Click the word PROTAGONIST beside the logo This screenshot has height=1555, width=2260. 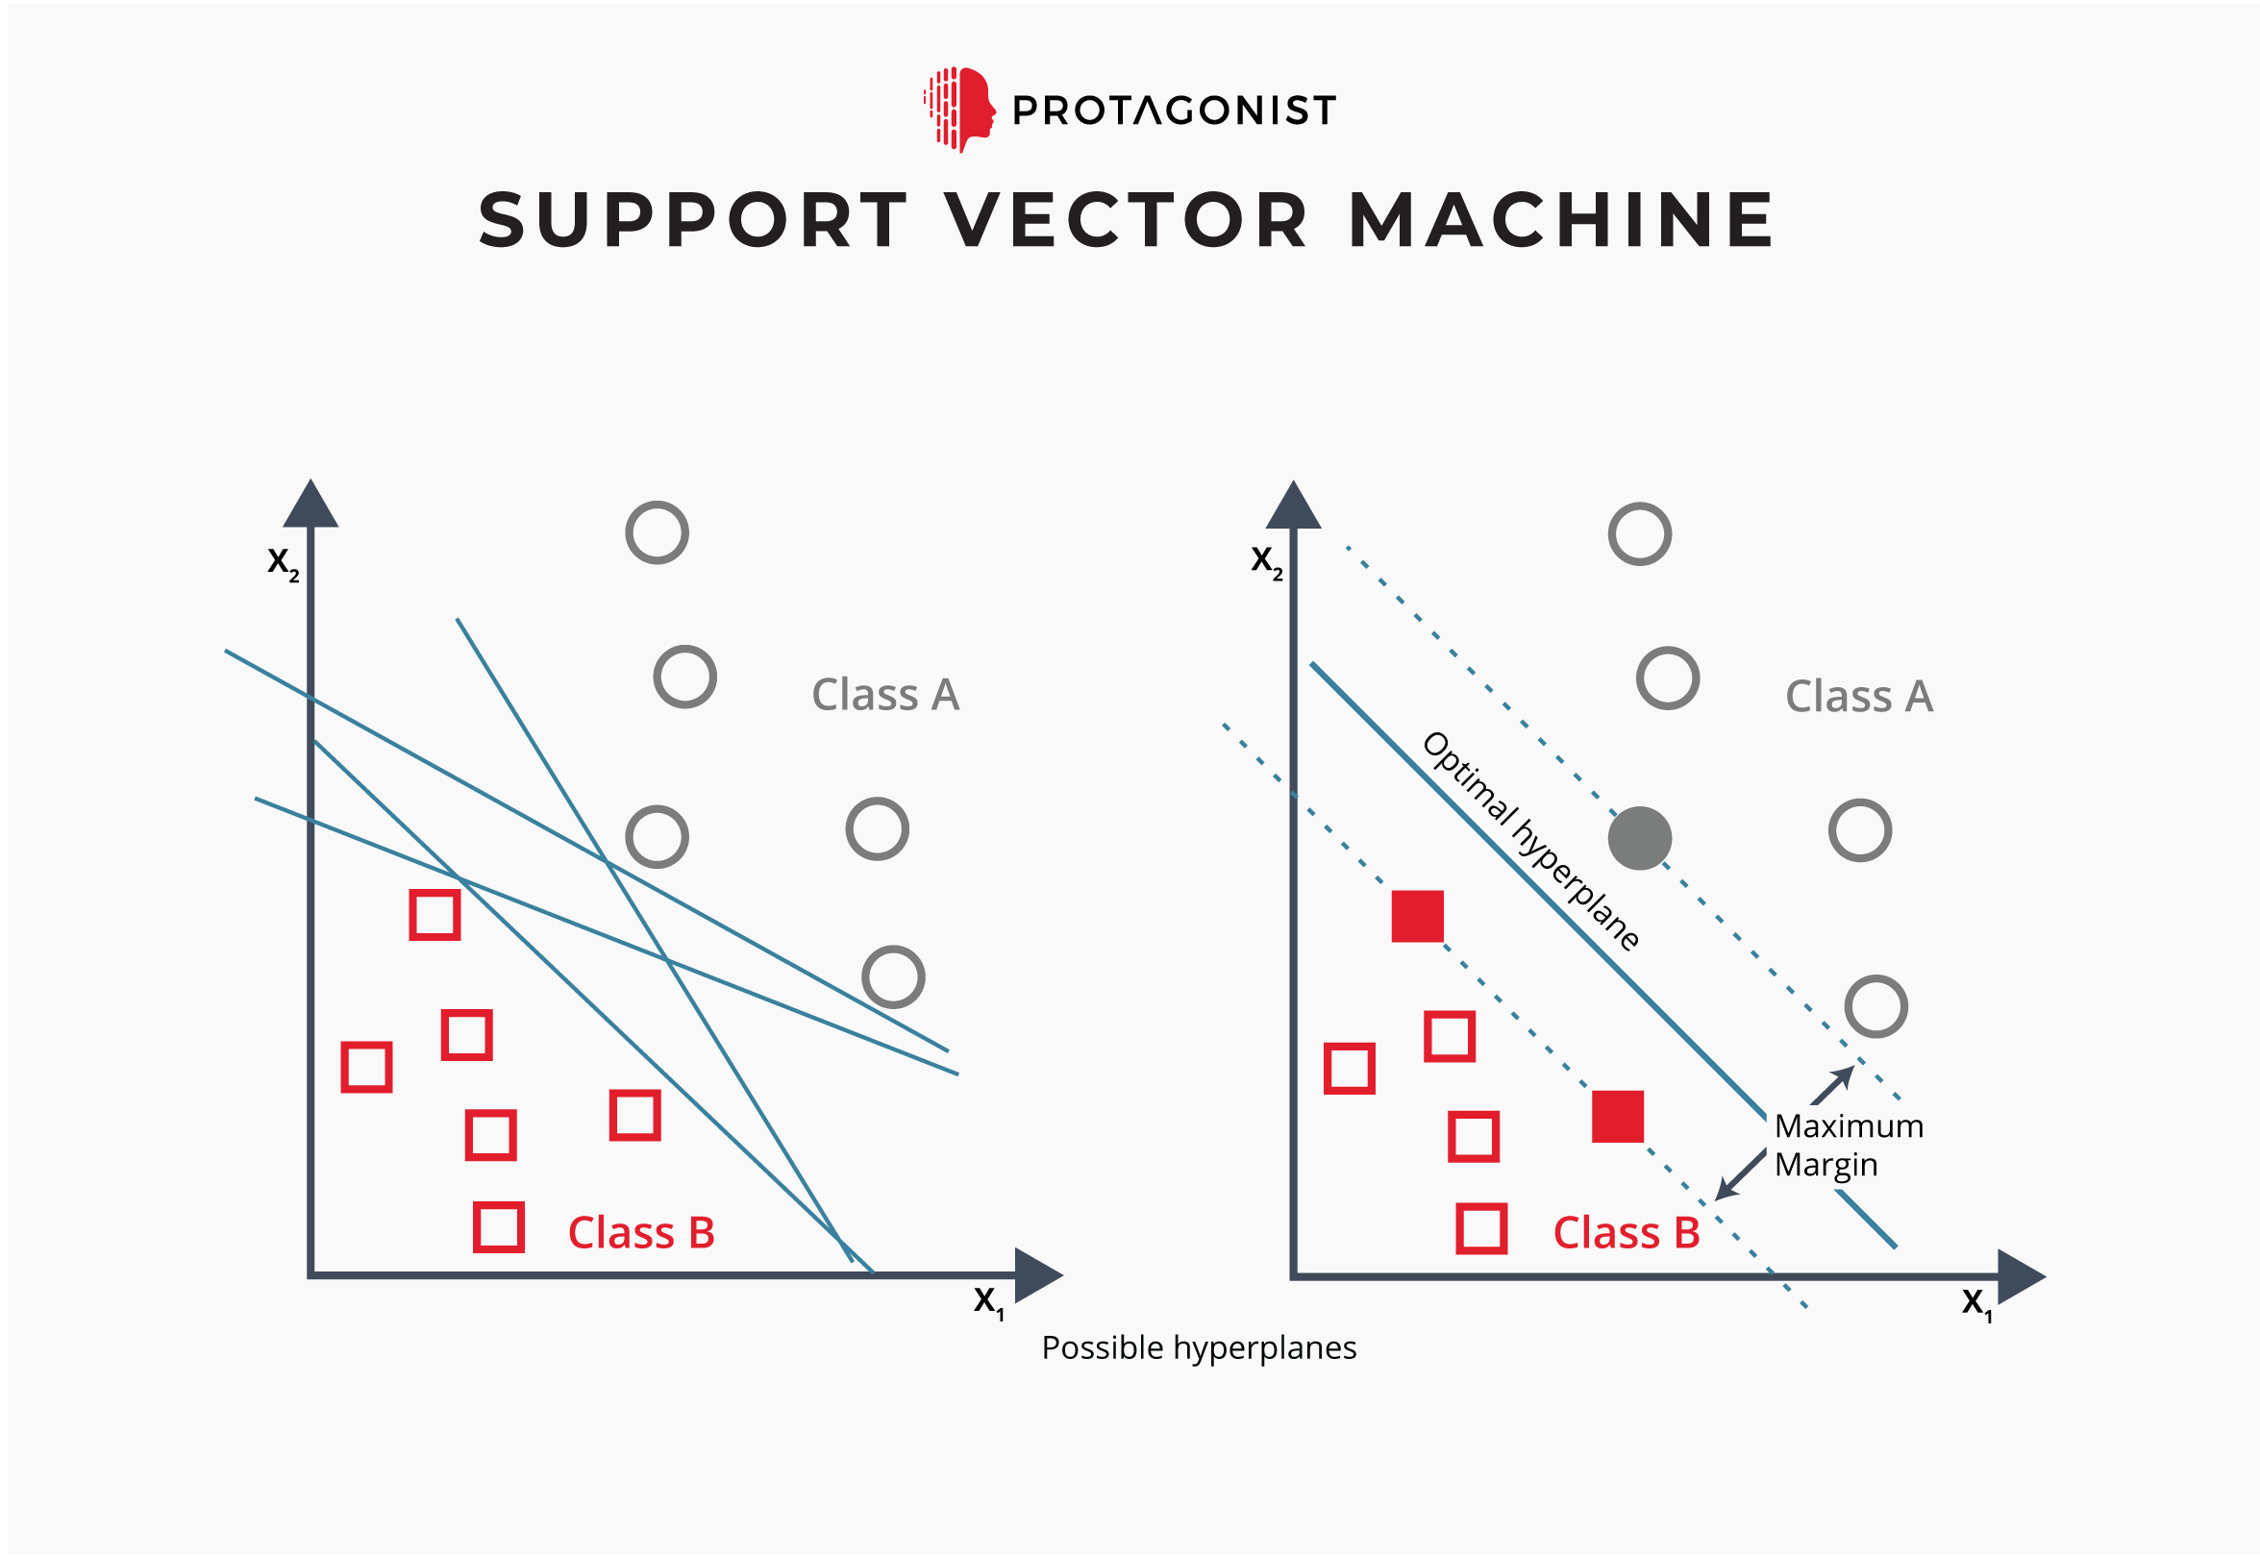coord(1174,111)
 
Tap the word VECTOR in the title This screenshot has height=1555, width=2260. coord(1127,220)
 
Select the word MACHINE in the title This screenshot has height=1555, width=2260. coord(1561,220)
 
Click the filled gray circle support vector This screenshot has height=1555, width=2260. coord(1639,838)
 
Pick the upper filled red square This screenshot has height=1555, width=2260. coord(1417,916)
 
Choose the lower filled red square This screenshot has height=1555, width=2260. coord(1618,1117)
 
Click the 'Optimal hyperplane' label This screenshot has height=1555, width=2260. coord(1531,840)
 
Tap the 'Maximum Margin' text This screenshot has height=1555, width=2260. coord(1848,1145)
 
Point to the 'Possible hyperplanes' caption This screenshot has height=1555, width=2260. coord(1199,1347)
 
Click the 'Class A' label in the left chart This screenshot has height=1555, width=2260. coord(885,696)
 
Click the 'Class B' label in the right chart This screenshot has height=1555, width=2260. coord(1626,1232)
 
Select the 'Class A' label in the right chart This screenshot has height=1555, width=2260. coord(1858,698)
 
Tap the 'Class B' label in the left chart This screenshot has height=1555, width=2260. coord(641,1232)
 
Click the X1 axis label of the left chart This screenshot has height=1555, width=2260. coord(988,1301)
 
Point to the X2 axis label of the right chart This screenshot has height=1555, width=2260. coord(1266,562)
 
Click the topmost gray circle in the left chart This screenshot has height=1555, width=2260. coord(657,533)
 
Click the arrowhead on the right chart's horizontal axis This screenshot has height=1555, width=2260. coord(2021,1276)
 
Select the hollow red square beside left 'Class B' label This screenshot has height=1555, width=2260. coord(499,1226)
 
